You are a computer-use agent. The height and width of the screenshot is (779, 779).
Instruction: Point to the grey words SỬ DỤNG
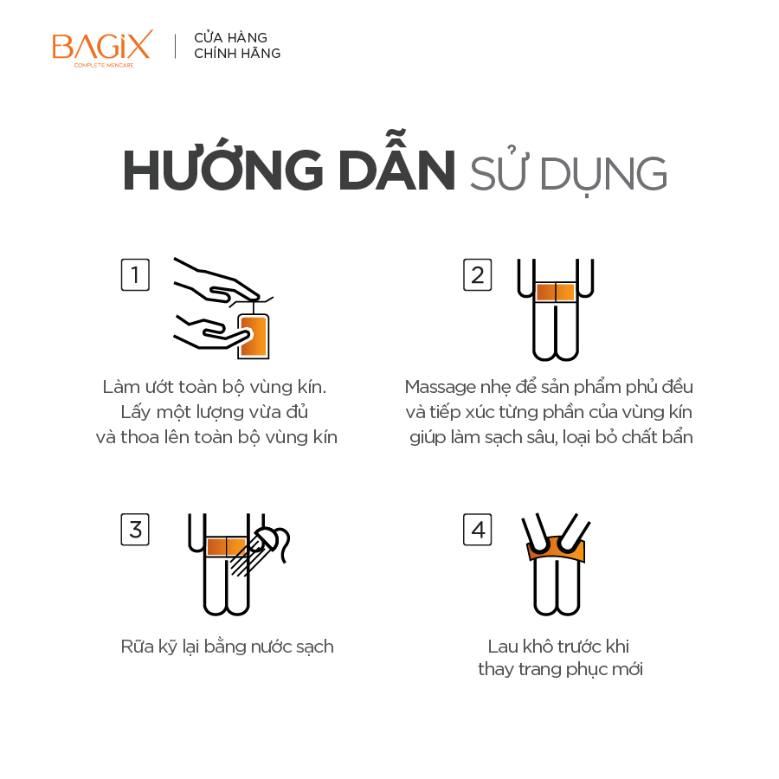pyautogui.click(x=569, y=171)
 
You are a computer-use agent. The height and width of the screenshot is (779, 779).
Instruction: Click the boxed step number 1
pyautogui.click(x=135, y=274)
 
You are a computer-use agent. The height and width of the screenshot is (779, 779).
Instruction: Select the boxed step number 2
pyautogui.click(x=478, y=274)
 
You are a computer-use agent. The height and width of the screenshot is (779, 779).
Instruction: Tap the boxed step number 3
pyautogui.click(x=135, y=530)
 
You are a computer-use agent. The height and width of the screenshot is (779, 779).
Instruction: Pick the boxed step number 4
pyautogui.click(x=478, y=530)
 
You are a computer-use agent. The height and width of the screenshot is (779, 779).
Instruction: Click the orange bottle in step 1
pyautogui.click(x=254, y=336)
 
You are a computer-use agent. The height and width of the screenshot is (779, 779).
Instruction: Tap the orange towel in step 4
pyautogui.click(x=556, y=549)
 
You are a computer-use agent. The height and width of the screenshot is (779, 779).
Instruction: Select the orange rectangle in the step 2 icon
pyautogui.click(x=556, y=293)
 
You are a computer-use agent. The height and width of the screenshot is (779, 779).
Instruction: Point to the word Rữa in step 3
pyautogui.click(x=137, y=646)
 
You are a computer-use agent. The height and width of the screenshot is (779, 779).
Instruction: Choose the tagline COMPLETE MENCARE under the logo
pyautogui.click(x=104, y=65)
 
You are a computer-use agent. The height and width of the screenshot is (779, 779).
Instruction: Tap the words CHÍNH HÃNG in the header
pyautogui.click(x=237, y=53)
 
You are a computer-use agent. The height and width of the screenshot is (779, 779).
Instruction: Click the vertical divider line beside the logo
pyautogui.click(x=176, y=46)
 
